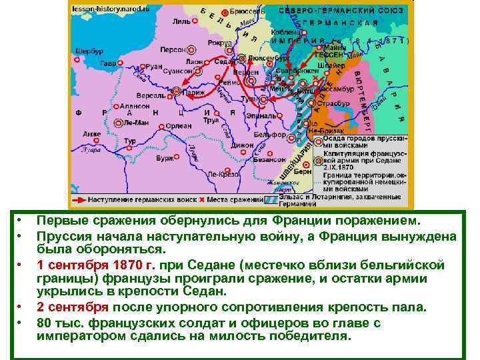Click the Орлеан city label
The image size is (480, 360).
(180, 124)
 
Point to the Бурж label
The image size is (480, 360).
(164, 159)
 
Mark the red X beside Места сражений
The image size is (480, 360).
(201, 199)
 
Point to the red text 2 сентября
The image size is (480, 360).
(72, 307)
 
